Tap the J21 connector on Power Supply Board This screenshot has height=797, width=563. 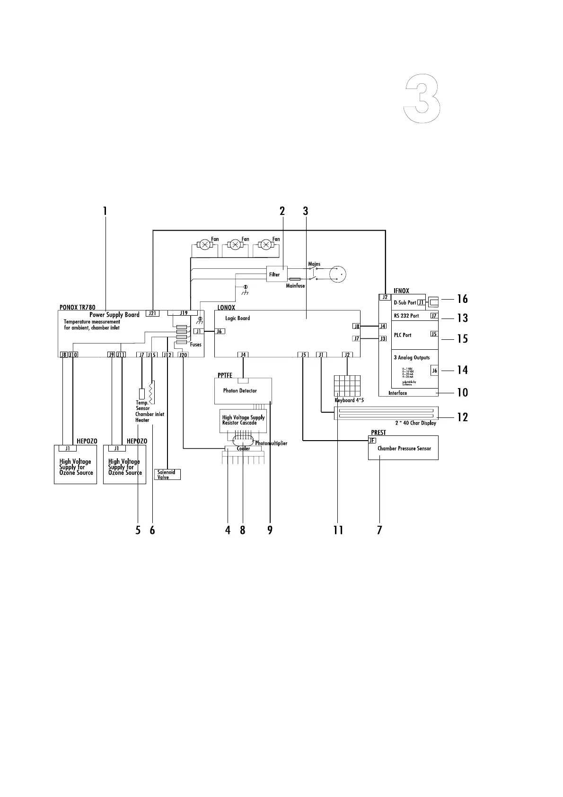coord(152,313)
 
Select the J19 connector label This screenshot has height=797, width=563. coord(184,313)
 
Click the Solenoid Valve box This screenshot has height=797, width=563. coord(167,474)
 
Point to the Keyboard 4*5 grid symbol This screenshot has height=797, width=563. coord(347,386)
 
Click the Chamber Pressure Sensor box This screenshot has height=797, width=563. coord(403,448)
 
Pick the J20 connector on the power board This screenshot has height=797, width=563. coord(184,355)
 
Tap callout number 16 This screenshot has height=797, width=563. coord(462,299)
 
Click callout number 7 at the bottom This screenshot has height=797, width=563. coord(379,530)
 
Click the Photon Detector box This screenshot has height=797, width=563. coord(243,391)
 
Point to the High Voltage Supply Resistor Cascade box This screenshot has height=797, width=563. coord(243,420)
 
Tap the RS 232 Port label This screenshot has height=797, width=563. coord(406,316)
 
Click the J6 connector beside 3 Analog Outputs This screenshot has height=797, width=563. coord(434,371)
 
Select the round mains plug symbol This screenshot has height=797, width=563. coord(338,274)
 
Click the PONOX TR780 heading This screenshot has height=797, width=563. coord(77,307)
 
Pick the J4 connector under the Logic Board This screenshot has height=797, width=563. coord(243,354)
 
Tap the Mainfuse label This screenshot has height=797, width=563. coord(295,286)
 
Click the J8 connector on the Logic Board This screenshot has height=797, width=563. coord(356,326)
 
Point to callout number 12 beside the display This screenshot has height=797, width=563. coord(462,417)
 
